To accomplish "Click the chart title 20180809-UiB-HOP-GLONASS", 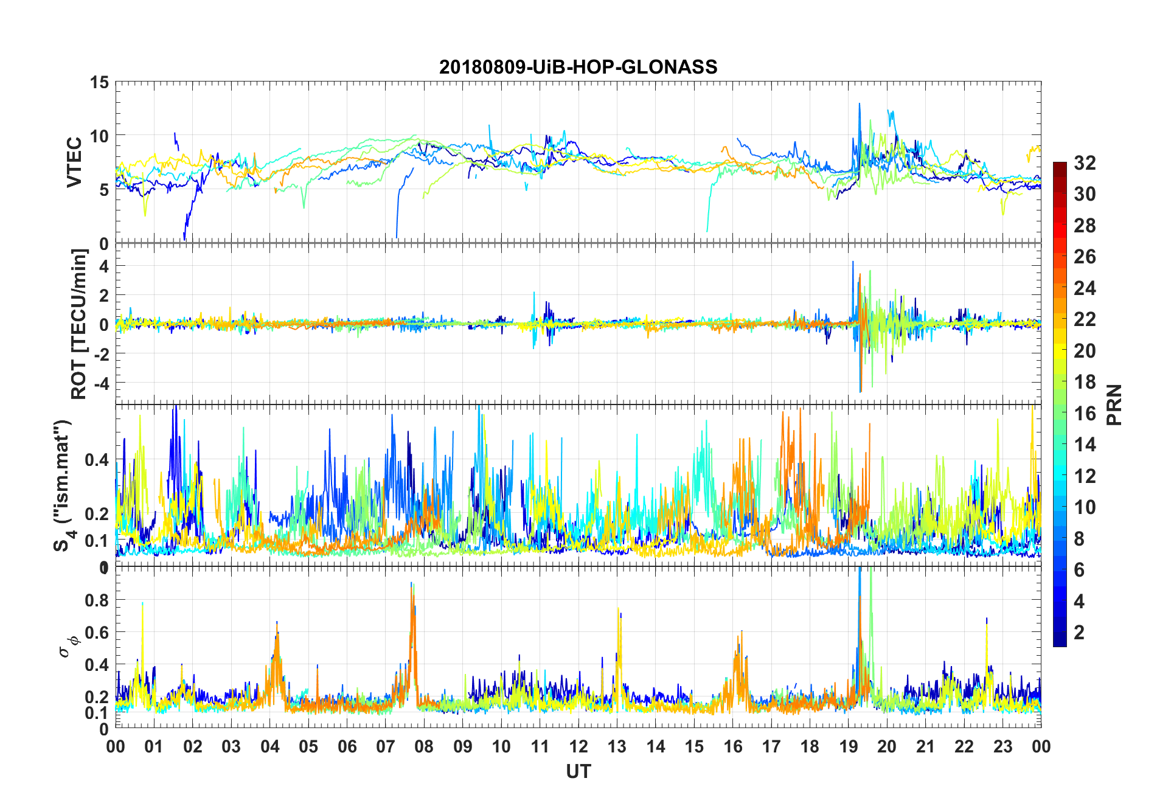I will coord(578,66).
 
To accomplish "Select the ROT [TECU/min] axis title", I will coord(79,324).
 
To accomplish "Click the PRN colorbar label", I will coord(1114,404).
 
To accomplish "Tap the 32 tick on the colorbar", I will coord(1085,162).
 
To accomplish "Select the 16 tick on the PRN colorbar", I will coord(1085,413).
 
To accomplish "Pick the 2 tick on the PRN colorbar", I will coord(1079,632).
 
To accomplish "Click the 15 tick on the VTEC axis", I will coord(99,82).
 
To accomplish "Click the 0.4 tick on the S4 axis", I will coord(97,459).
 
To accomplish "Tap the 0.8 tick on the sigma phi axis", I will coord(97,600).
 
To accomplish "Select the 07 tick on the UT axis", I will coord(385,746).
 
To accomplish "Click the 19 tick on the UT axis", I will coord(848,746).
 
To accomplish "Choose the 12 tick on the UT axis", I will coord(578,746).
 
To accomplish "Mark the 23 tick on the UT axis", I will coord(1002,746).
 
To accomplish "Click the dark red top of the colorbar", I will coord(1060,165).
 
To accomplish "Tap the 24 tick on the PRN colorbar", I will coord(1085,288).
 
